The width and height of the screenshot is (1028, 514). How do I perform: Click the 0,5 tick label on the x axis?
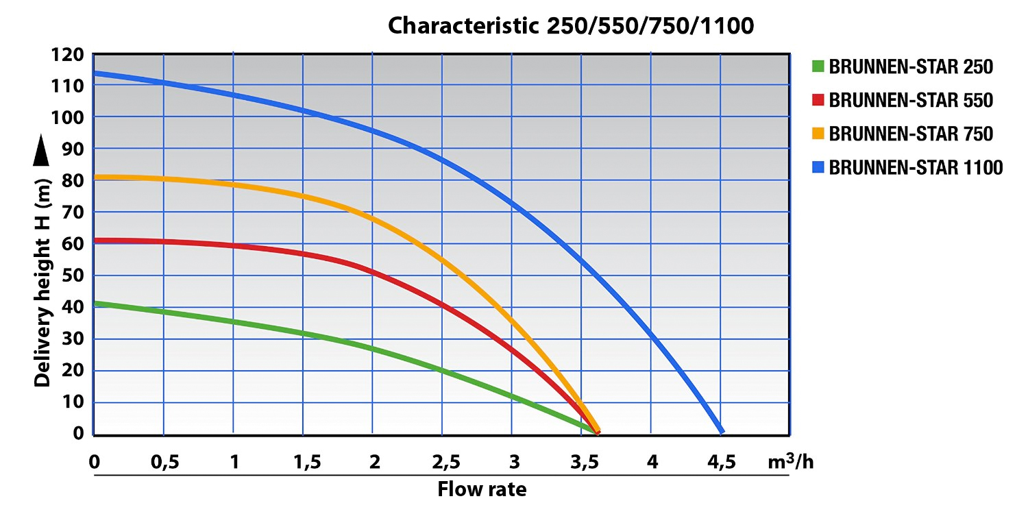point(164,463)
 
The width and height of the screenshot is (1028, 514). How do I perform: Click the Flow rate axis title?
point(482,489)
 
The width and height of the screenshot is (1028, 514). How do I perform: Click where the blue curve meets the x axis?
point(721,432)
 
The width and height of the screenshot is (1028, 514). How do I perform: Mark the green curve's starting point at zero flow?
point(95,303)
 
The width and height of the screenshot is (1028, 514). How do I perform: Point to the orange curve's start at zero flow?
point(95,177)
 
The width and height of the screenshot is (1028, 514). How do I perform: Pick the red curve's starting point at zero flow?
point(95,241)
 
